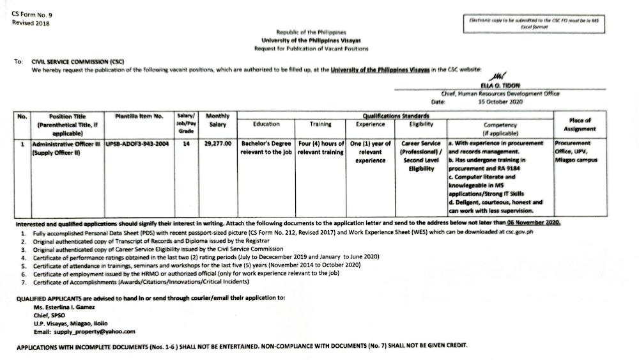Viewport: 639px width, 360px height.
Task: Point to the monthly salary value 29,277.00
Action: click(218, 145)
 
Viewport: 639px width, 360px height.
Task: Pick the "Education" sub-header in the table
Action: click(266, 124)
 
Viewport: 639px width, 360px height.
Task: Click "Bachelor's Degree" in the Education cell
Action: click(266, 143)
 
